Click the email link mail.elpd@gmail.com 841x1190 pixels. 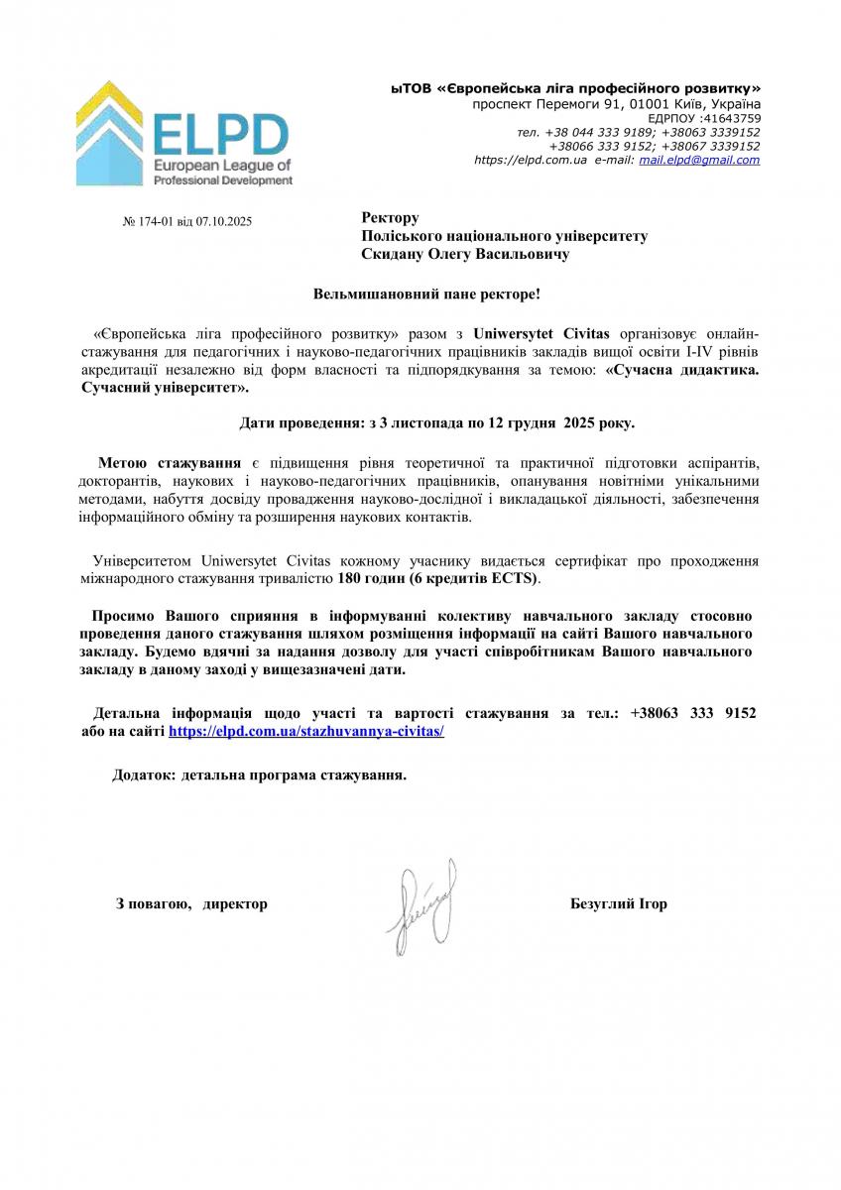coord(699,160)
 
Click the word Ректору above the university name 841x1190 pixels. coord(391,218)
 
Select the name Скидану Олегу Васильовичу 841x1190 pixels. coord(466,255)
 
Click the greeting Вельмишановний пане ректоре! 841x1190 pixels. coord(427,295)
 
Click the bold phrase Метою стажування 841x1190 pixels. coord(170,463)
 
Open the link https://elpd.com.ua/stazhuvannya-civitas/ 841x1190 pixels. coord(305,730)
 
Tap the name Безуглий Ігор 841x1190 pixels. coord(619,903)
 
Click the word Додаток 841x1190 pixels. coord(143,775)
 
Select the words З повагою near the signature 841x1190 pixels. coord(153,903)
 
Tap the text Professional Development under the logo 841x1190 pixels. coord(223,180)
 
